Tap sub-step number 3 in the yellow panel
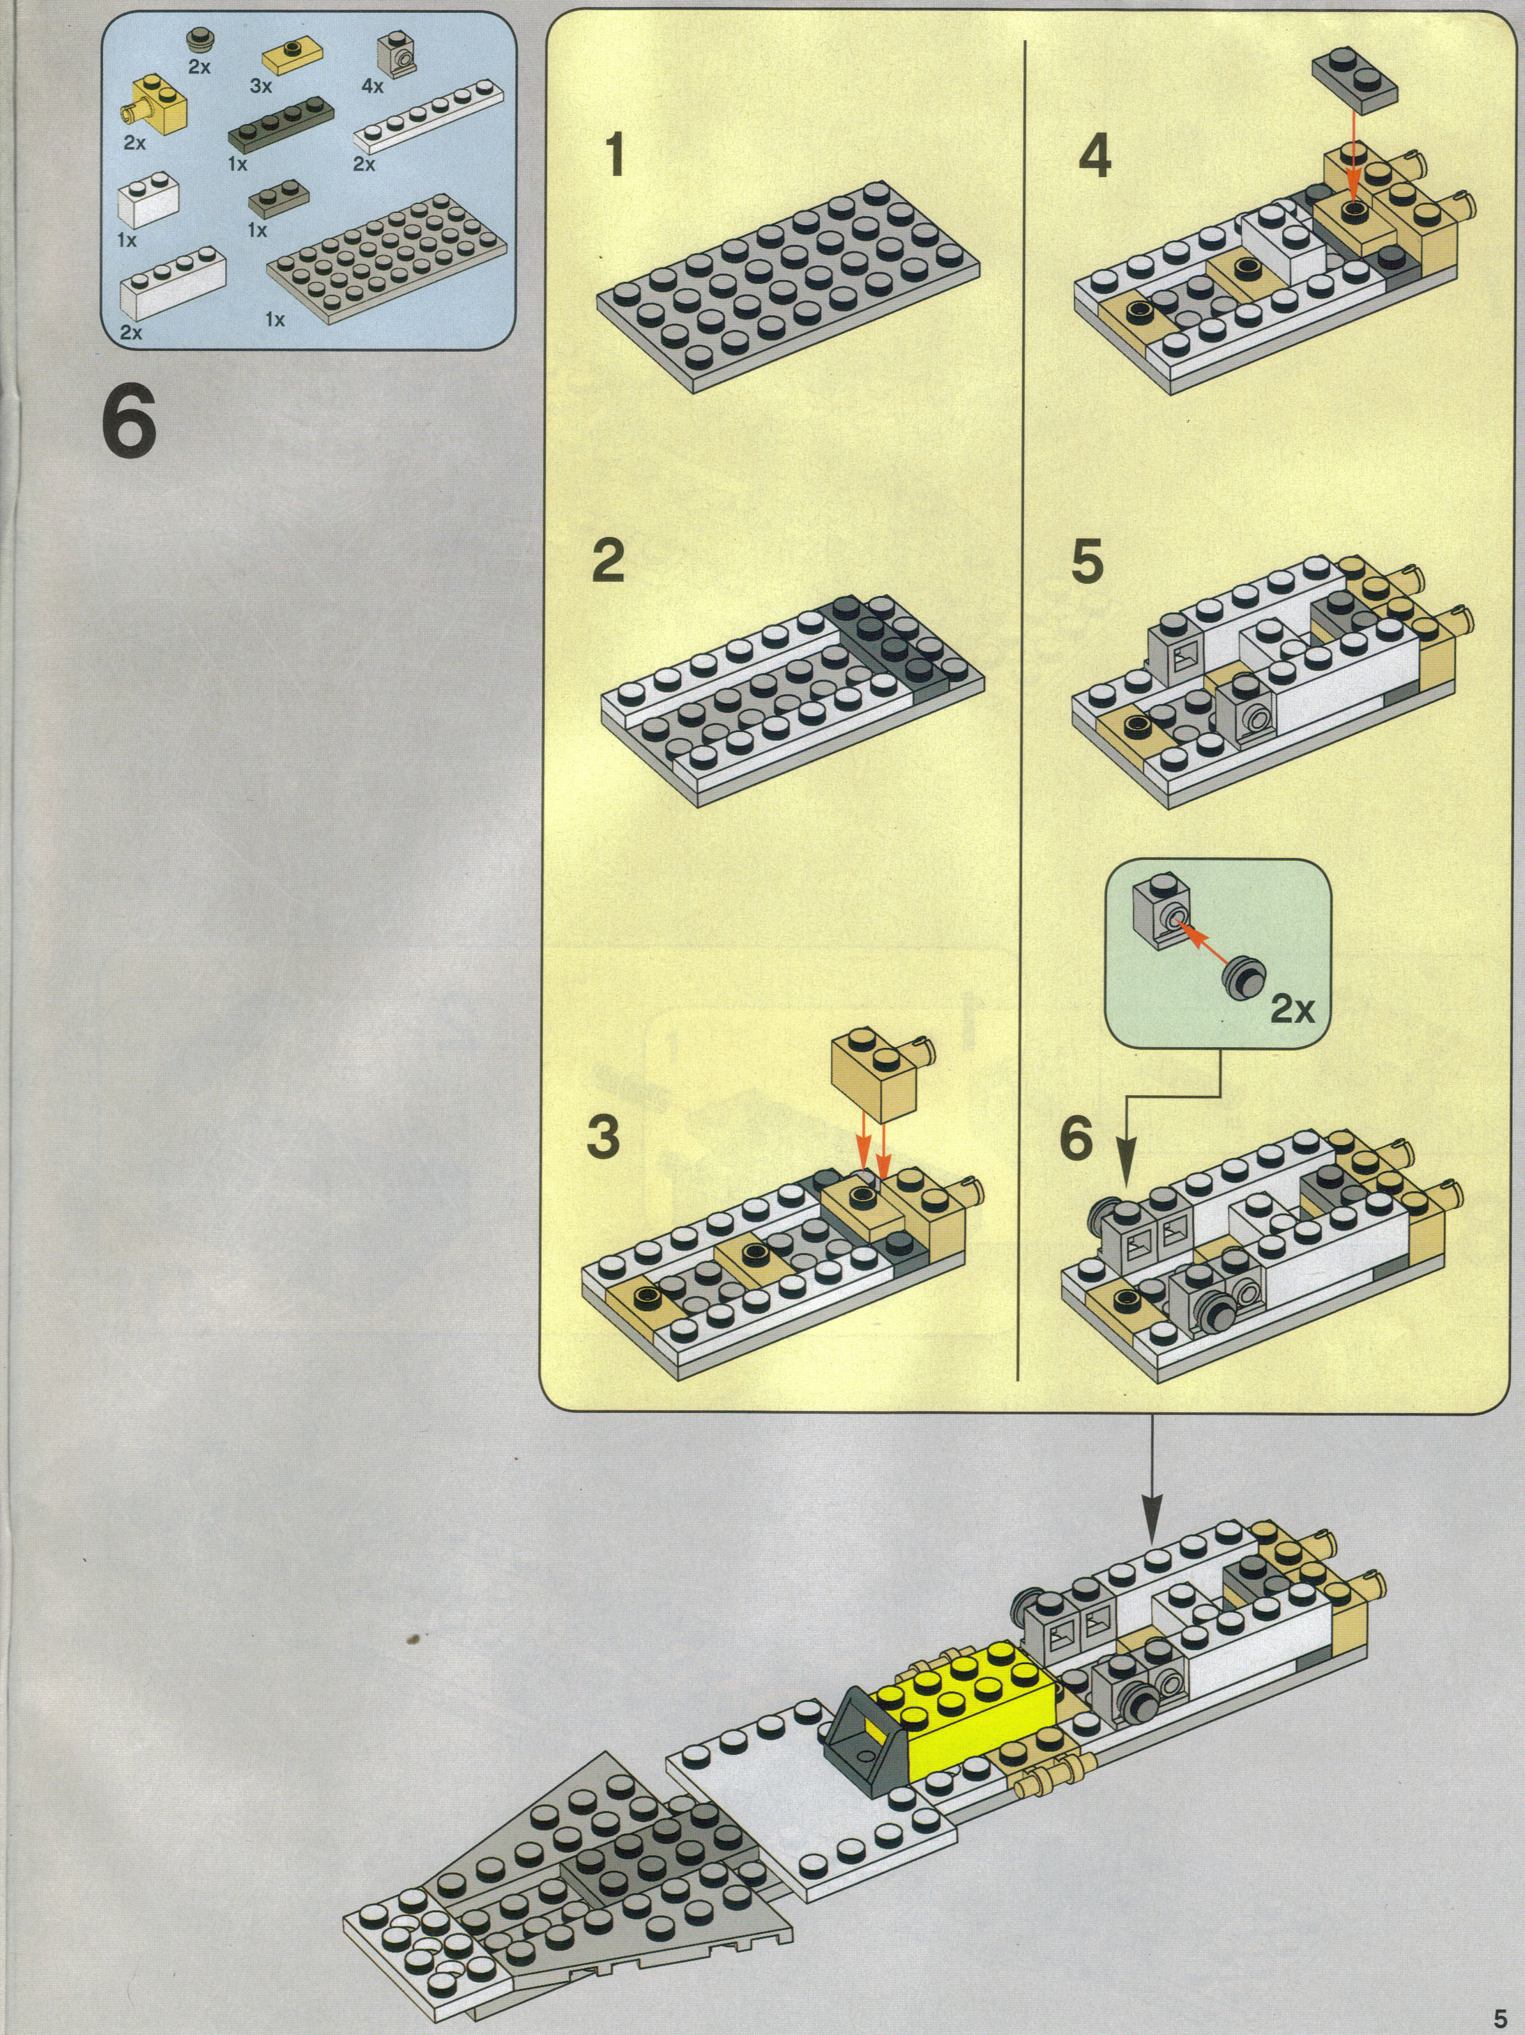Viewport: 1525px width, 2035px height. pos(603,1137)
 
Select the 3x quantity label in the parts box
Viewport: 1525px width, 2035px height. pos(261,86)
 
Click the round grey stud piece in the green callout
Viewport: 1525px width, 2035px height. pos(1246,978)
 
